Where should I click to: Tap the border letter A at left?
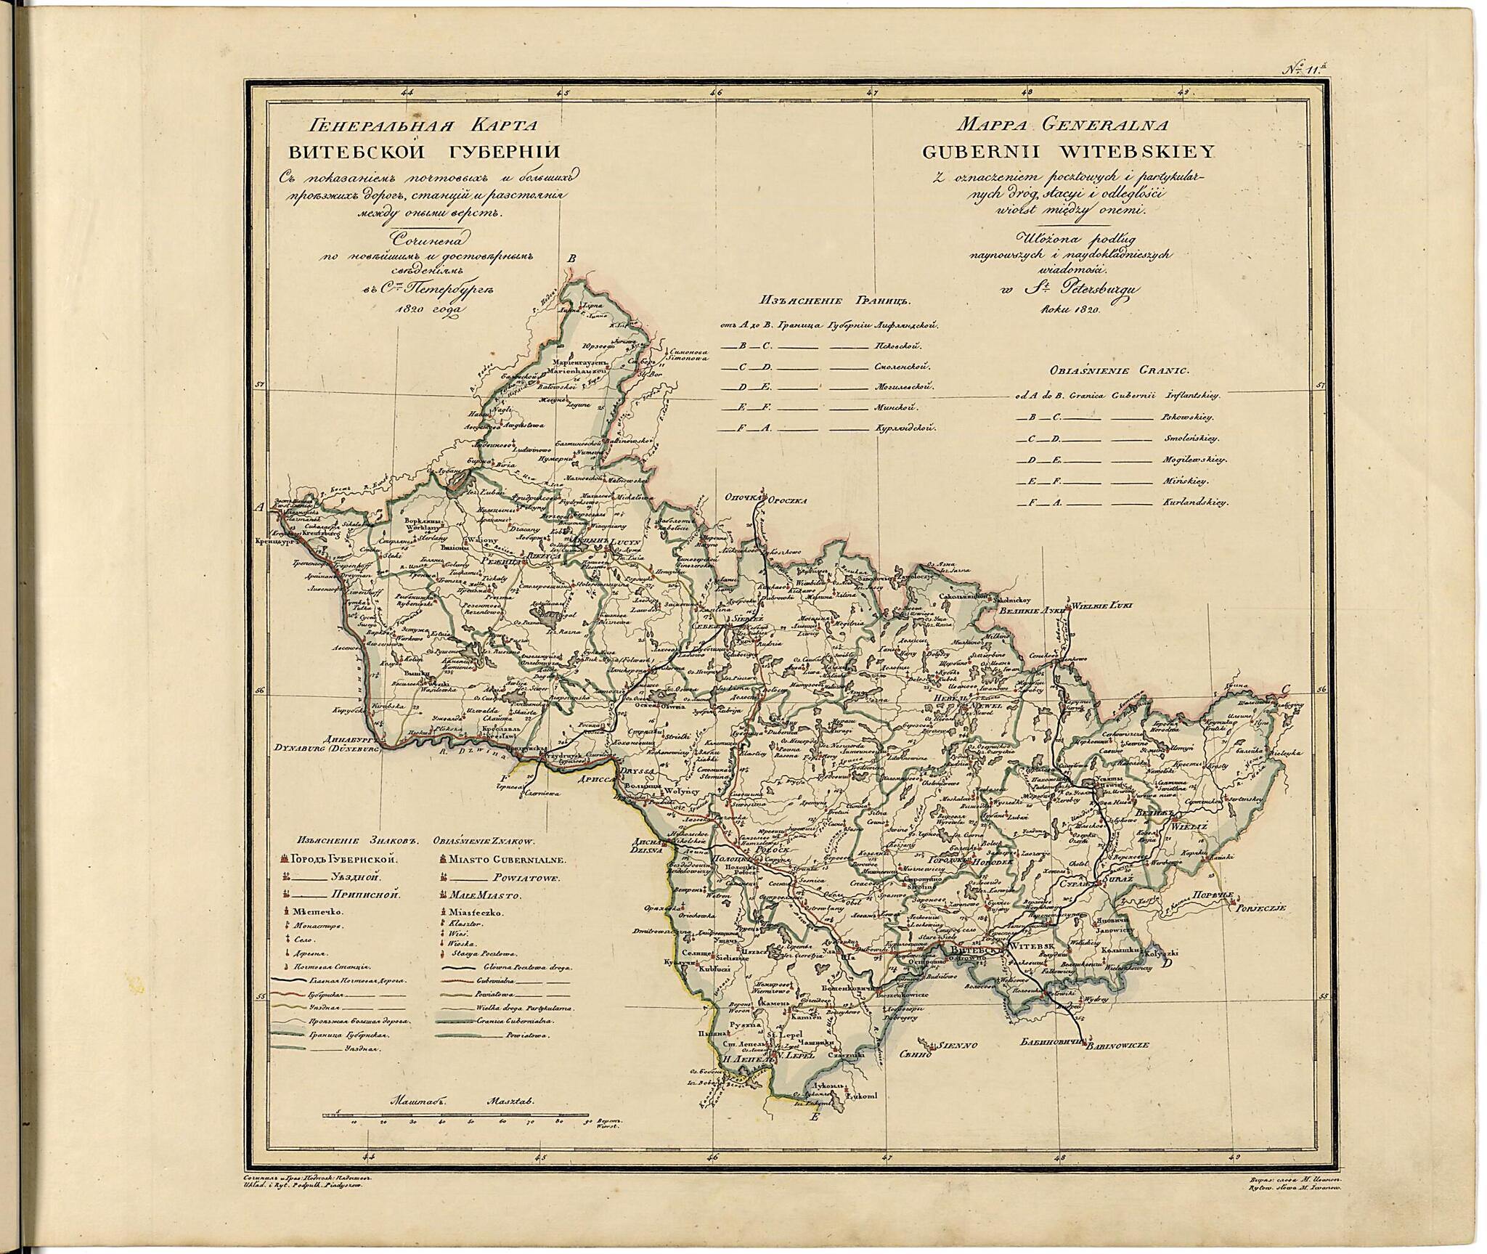point(259,508)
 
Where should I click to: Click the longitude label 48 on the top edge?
point(1027,93)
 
